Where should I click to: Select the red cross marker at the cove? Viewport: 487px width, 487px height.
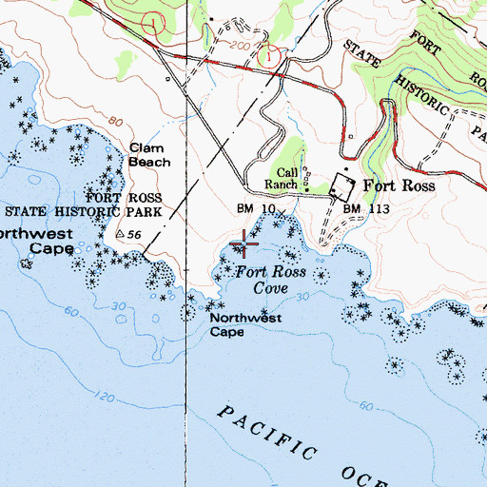tap(244, 245)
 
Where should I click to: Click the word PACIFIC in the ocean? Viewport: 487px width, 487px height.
tap(269, 430)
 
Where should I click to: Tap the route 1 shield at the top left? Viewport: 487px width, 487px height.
tap(151, 20)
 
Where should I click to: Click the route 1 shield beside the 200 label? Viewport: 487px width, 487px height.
tap(273, 57)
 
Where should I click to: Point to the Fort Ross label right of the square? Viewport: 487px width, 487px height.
tap(398, 186)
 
